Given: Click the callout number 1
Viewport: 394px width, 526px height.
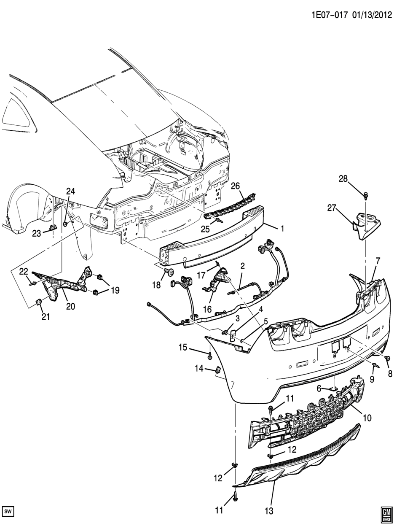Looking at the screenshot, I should coord(282,228).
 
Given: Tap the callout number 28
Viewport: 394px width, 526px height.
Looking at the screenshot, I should coord(343,178).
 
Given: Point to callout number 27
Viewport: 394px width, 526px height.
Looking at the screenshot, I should coord(332,207).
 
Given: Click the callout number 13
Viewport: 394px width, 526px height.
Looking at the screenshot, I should coord(269,511).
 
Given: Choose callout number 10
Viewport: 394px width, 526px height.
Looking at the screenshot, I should coord(367,418).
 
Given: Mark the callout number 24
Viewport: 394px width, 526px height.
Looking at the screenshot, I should coord(70,191).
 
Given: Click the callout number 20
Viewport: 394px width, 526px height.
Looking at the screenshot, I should coord(70,307).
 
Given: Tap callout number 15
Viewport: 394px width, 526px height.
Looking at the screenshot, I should coord(182,347).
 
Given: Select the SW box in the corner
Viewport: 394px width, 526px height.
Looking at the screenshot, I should coord(8,512).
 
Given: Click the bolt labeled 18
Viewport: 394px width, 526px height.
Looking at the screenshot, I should coord(170,271).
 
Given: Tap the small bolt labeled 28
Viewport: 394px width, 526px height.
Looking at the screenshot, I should coord(366,194).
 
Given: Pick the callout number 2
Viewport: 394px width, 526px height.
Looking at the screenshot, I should coord(243,266).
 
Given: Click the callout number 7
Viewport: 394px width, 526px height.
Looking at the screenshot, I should coord(378,261).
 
